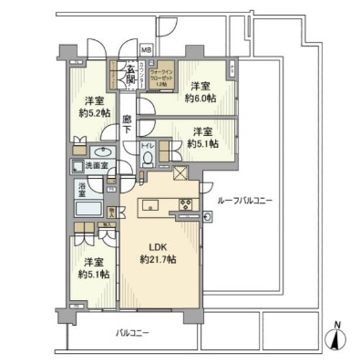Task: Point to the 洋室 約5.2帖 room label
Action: [93, 107]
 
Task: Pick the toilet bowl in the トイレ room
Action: [149, 160]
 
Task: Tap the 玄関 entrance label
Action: [130, 75]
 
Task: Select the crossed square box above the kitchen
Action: [180, 173]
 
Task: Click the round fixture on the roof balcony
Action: [209, 217]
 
